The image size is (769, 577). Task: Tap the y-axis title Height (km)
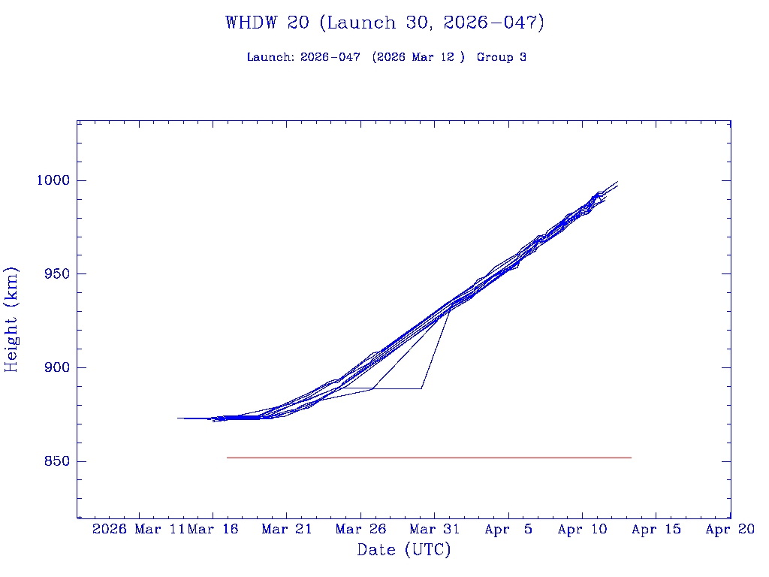(x=11, y=319)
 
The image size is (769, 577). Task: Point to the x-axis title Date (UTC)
(x=404, y=550)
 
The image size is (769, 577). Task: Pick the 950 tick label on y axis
(x=56, y=274)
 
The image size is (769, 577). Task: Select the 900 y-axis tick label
(x=56, y=367)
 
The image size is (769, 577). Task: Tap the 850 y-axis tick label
(x=56, y=461)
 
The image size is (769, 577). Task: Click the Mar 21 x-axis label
(x=287, y=529)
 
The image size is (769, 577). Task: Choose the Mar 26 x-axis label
(x=360, y=529)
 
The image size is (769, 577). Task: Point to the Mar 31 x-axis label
(x=435, y=529)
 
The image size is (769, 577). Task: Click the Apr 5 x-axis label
(x=508, y=529)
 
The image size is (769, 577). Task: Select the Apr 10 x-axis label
(x=583, y=529)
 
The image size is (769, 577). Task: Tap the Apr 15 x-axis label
(x=656, y=529)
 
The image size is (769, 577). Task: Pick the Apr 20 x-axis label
(x=730, y=529)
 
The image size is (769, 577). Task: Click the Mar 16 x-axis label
(x=213, y=529)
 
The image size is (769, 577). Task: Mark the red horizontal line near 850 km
(x=428, y=458)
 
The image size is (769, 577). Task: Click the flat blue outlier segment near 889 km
(x=398, y=388)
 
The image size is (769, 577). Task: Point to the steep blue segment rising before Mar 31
(x=436, y=349)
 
